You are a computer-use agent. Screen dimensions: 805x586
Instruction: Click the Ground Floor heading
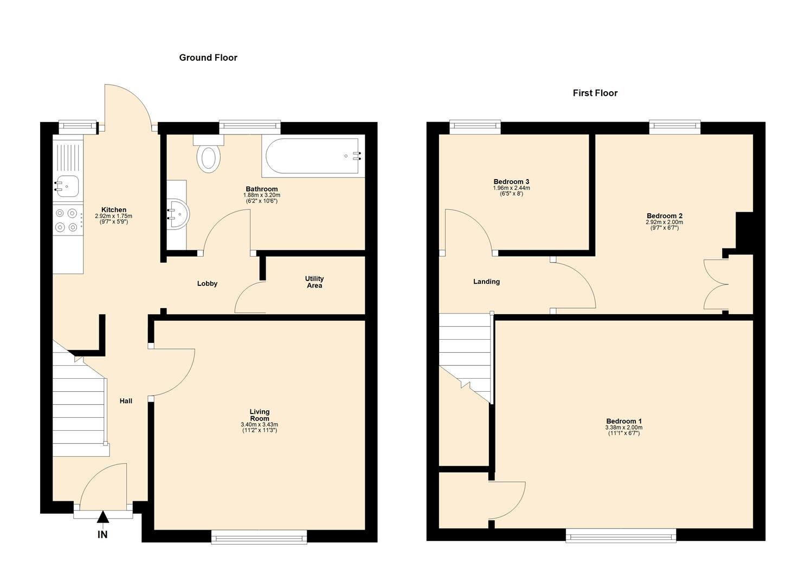click(x=208, y=58)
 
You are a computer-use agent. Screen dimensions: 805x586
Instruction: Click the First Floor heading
click(x=595, y=93)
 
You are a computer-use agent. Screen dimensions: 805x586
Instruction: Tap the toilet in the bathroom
click(x=209, y=154)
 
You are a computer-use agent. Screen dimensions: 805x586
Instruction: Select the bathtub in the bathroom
click(x=313, y=156)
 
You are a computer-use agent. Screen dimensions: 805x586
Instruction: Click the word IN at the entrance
click(x=102, y=535)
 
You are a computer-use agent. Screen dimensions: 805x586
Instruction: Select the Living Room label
click(x=260, y=415)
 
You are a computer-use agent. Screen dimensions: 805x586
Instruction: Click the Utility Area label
click(x=314, y=282)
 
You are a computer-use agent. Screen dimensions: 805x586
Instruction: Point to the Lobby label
click(x=208, y=284)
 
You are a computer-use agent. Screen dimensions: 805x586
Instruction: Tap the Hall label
click(x=126, y=401)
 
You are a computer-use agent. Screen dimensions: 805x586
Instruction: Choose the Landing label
click(x=486, y=282)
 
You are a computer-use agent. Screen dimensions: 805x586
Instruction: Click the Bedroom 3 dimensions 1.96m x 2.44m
click(x=511, y=188)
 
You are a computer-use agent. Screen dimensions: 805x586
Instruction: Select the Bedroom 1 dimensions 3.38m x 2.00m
click(x=624, y=428)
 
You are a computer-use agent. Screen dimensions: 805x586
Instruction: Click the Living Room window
click(x=259, y=537)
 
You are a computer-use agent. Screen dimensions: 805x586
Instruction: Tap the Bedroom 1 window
click(x=621, y=536)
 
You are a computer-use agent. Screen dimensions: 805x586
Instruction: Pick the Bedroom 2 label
click(x=665, y=216)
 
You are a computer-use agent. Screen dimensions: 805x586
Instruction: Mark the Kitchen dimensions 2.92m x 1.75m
click(x=113, y=216)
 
